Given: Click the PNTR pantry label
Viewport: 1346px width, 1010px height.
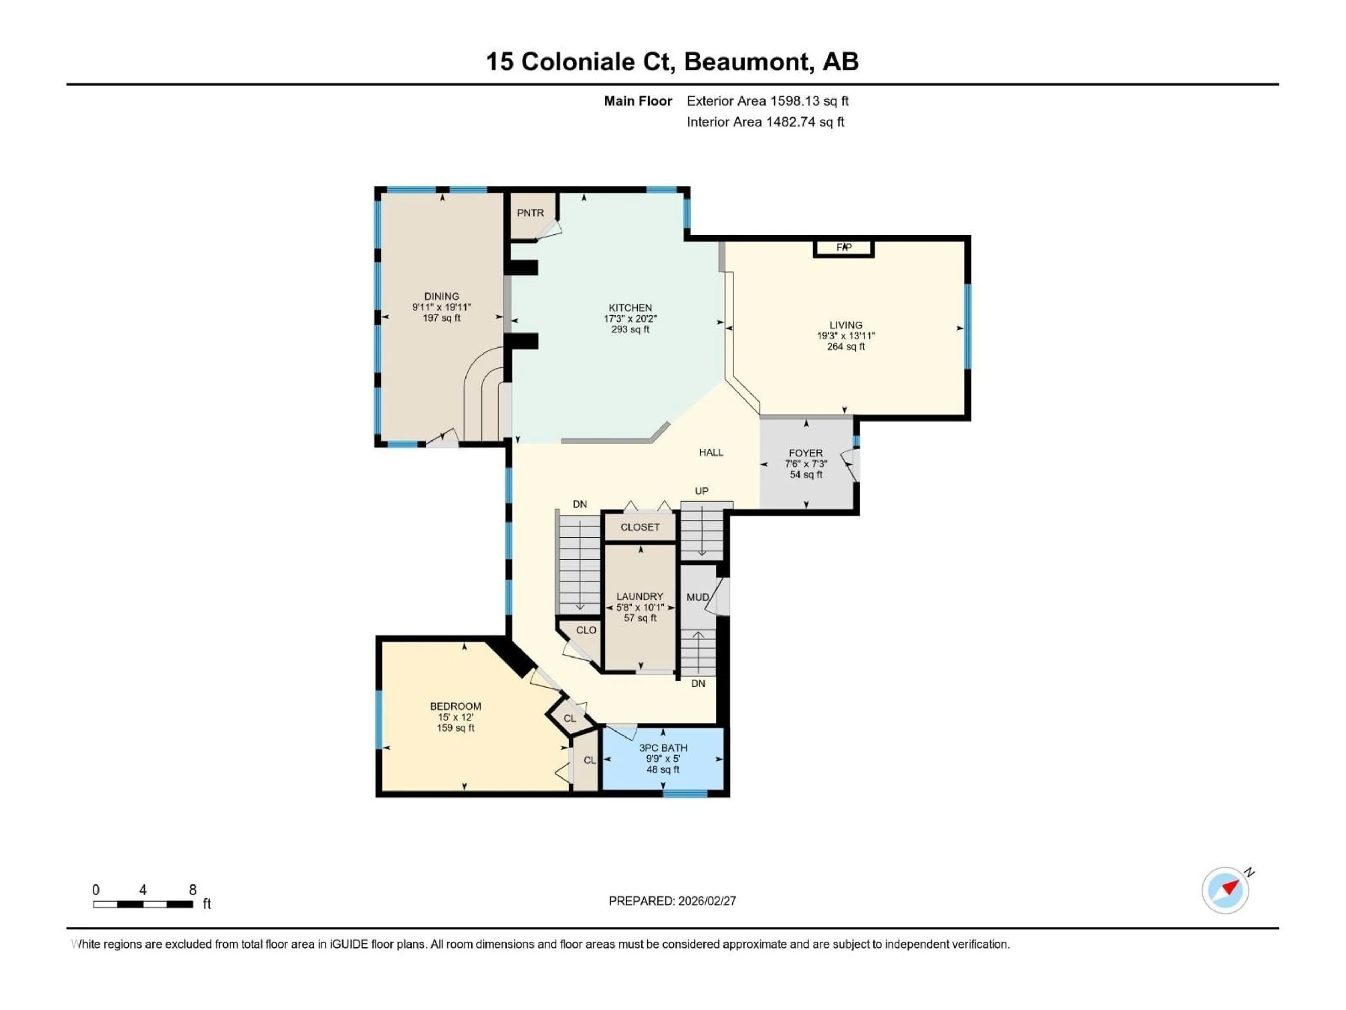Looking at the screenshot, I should coord(530,213).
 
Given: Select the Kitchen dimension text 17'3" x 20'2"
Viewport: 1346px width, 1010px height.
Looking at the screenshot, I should coord(630,318).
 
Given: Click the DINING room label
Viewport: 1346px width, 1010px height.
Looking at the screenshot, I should coord(442,296).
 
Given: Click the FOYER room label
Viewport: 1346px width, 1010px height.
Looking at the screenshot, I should coord(805,453).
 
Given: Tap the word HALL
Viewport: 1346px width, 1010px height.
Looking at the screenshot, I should coord(711,452).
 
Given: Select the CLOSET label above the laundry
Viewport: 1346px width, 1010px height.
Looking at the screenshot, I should coord(640,527).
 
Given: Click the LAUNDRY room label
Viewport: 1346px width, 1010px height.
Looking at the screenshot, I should coord(640,597).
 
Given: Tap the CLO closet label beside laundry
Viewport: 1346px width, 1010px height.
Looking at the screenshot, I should coord(586,630).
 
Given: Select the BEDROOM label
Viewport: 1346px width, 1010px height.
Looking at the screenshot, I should coord(455,706).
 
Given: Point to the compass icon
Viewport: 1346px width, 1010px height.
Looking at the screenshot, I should coord(1225,890).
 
